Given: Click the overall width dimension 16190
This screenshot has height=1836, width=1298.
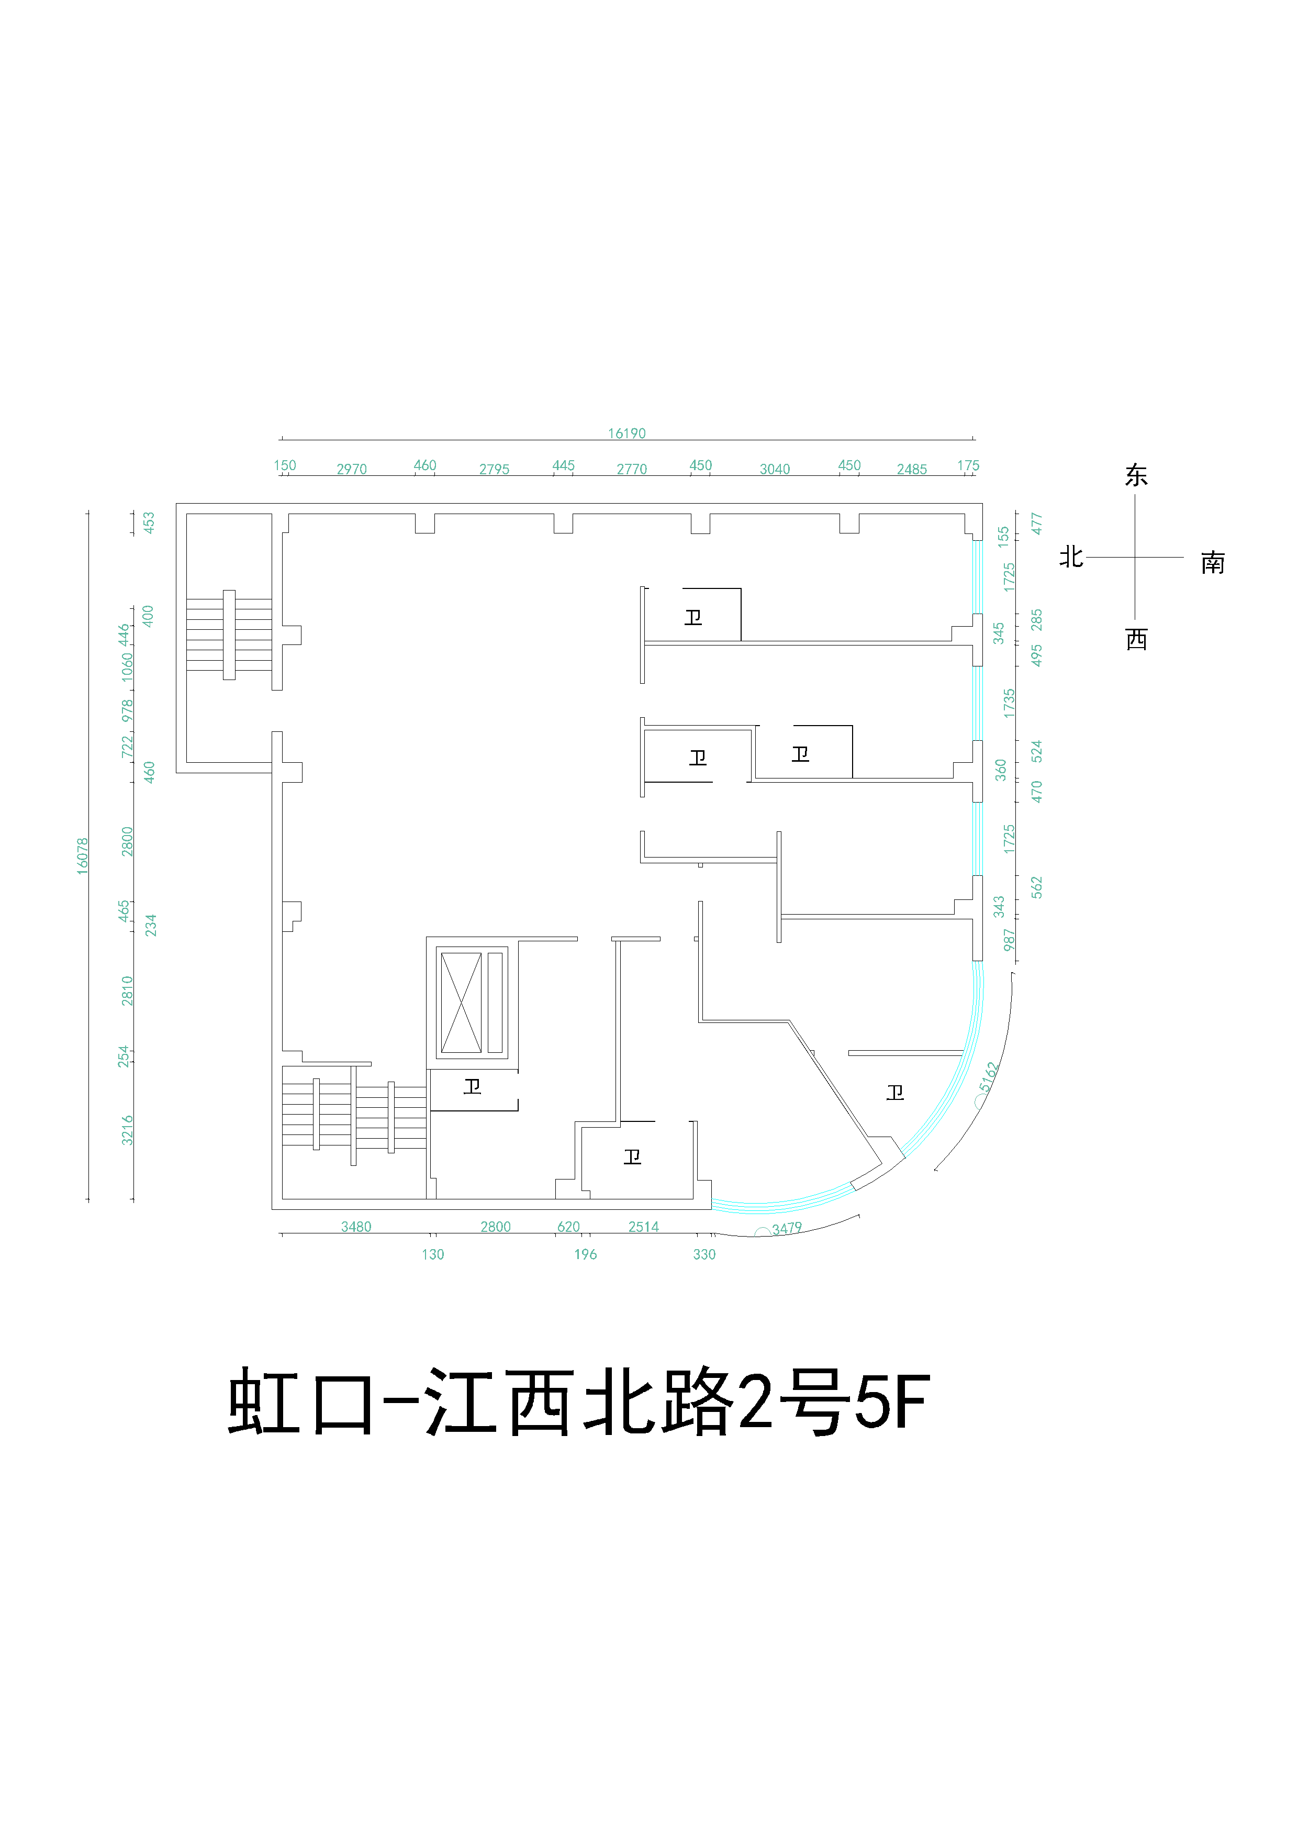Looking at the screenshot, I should [x=626, y=433].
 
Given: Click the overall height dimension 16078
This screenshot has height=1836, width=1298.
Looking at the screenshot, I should [x=82, y=855].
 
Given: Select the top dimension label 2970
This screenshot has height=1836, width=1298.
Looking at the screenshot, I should [x=352, y=470].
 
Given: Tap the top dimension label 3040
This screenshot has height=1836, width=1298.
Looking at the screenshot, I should [x=775, y=470].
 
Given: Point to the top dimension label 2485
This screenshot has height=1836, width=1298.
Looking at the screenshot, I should [x=912, y=470].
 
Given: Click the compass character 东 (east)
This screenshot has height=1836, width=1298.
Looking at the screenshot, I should [x=1136, y=476].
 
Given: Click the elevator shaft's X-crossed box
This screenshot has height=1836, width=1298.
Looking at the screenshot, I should [x=461, y=1003].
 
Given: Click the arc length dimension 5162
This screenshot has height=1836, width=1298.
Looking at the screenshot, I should [x=989, y=1076].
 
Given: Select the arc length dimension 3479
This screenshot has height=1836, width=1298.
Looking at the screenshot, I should [x=787, y=1228].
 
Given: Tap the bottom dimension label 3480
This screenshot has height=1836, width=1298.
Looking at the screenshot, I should [x=356, y=1227].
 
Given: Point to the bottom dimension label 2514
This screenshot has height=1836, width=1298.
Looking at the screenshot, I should [x=643, y=1227].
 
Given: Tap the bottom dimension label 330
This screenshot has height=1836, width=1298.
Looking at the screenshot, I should [x=704, y=1255].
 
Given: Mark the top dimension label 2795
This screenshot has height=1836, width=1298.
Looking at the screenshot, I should [x=494, y=470].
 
